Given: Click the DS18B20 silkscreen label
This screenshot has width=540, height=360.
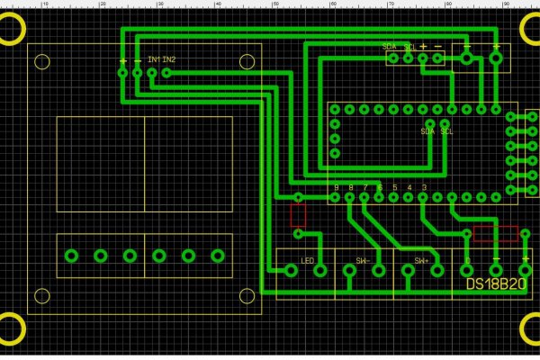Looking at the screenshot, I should click(495, 283).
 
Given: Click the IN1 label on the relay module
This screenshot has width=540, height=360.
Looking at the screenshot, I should click(153, 59).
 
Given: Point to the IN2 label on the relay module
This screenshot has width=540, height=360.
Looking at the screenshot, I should click(169, 59).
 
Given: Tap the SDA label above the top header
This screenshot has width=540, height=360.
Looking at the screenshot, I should click(389, 46).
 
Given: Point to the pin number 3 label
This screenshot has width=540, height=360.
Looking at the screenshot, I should click(424, 187).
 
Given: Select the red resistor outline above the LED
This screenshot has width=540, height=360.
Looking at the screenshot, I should click(298, 214).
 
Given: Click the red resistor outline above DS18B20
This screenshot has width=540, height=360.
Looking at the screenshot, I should click(495, 234).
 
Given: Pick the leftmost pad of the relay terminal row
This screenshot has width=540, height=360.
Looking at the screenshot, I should click(71, 256).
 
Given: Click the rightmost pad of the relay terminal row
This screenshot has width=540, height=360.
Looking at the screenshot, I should click(216, 256).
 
